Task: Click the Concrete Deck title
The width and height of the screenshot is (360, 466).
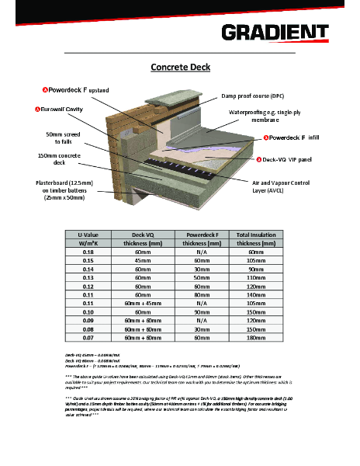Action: (180, 68)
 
